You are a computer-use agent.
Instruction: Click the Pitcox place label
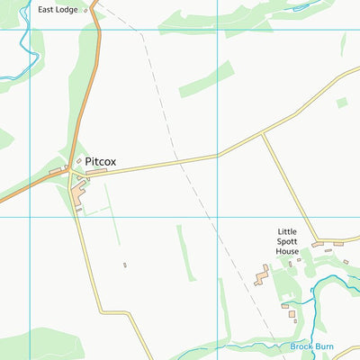click(x=101, y=163)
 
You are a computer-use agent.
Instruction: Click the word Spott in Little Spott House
click(x=288, y=241)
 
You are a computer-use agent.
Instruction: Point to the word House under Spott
click(x=288, y=252)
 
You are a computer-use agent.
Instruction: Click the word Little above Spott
click(x=287, y=231)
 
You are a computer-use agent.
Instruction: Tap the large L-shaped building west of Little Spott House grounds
click(x=262, y=274)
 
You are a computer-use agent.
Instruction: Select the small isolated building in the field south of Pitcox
click(x=124, y=265)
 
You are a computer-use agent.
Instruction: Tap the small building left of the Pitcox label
click(x=78, y=162)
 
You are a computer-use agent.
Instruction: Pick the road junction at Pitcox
click(x=69, y=171)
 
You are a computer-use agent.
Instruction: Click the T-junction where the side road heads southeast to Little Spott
click(x=262, y=134)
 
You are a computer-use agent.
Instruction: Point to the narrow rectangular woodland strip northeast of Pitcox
click(x=205, y=79)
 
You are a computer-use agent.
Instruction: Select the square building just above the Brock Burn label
click(x=292, y=315)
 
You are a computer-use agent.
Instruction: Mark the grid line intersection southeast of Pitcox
click(x=217, y=217)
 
